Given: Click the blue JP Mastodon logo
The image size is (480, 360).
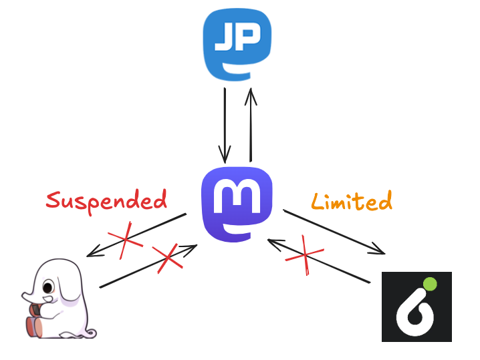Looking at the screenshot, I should tap(237, 43).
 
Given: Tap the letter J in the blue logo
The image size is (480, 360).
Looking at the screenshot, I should tap(224, 40).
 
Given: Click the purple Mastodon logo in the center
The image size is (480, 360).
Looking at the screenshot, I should tap(237, 202).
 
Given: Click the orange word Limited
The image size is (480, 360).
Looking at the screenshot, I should tap(352, 201).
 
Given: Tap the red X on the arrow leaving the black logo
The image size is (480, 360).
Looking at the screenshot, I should tap(305, 254).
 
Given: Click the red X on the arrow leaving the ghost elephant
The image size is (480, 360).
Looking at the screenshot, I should tap(167, 257).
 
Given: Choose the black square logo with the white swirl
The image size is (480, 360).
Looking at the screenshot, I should tap(416, 307).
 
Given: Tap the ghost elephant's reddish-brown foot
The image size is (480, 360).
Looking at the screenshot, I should tap(34, 326).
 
